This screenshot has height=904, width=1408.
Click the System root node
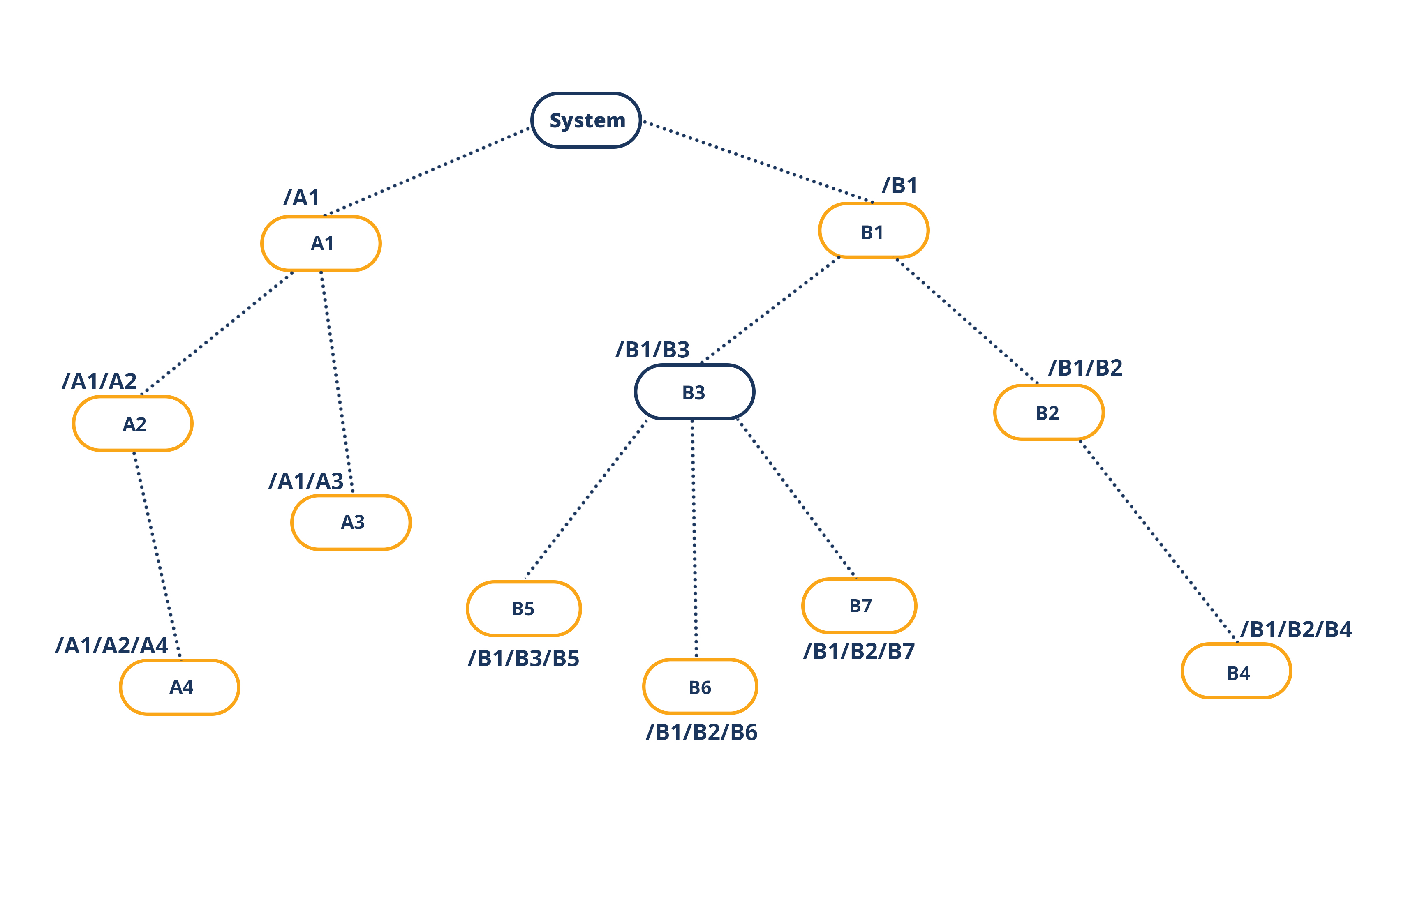[586, 120]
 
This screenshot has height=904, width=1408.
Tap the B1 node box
[873, 231]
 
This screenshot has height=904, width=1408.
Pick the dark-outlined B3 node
[694, 392]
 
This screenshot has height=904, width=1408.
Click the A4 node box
[180, 687]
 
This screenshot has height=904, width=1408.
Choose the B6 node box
[700, 686]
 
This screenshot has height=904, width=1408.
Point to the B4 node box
[1237, 671]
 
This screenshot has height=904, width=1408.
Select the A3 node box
[351, 522]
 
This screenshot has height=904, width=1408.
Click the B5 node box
[524, 609]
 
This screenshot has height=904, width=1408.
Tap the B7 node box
[859, 606]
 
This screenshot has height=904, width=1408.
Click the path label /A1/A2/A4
[111, 646]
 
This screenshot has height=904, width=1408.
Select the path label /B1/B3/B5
[523, 659]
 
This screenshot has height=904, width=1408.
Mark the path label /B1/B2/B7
[859, 652]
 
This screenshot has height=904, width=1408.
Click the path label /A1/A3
[306, 481]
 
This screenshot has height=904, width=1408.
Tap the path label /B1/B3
[652, 350]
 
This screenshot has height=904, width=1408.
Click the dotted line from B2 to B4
[1158, 540]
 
